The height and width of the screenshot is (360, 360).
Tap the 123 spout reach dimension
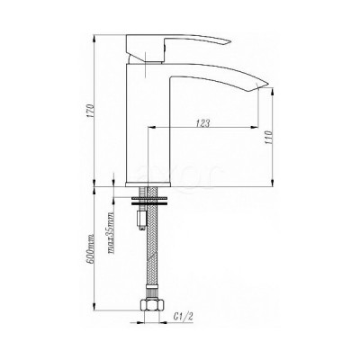coord(203,123)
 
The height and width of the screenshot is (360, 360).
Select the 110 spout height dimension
coord(269,138)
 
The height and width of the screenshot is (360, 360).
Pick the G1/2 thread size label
coord(183,318)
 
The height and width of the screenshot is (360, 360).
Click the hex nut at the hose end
coord(152,304)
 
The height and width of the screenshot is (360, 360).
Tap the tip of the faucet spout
coord(267,84)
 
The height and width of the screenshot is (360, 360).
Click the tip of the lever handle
coord(229,42)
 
